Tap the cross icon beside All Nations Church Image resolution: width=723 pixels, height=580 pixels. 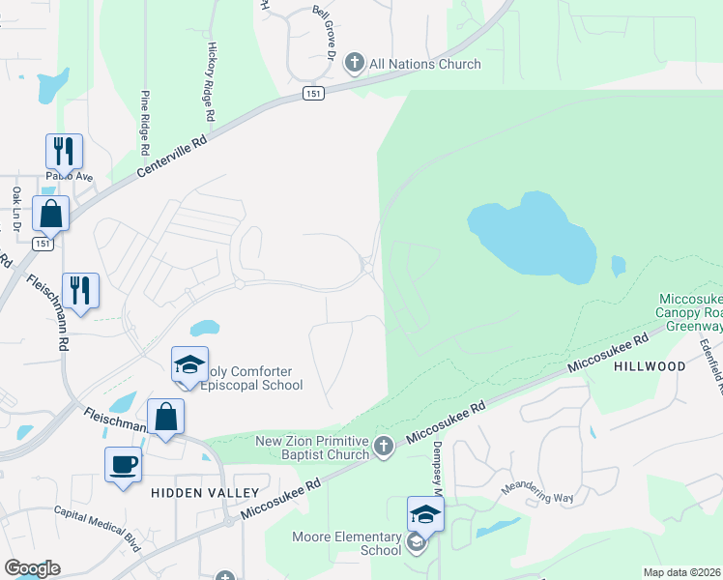pos(354,64)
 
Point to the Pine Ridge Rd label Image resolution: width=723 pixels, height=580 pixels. pos(145,123)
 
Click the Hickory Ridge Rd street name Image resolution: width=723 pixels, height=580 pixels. pos(211,82)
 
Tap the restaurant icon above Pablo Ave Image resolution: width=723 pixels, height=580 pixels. pos(64,152)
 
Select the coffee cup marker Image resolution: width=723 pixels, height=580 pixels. pos(124,464)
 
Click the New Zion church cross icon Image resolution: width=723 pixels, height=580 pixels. pos(384,446)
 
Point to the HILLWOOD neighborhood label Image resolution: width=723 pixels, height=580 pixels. pos(650,366)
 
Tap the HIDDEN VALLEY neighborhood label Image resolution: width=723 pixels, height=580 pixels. pos(188,492)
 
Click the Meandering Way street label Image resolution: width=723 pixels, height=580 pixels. pos(536,492)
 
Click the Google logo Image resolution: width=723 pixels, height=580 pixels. pos(31,568)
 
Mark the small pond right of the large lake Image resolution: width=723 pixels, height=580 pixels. pos(619,265)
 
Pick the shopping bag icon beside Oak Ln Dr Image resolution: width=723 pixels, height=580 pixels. pos(50,214)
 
